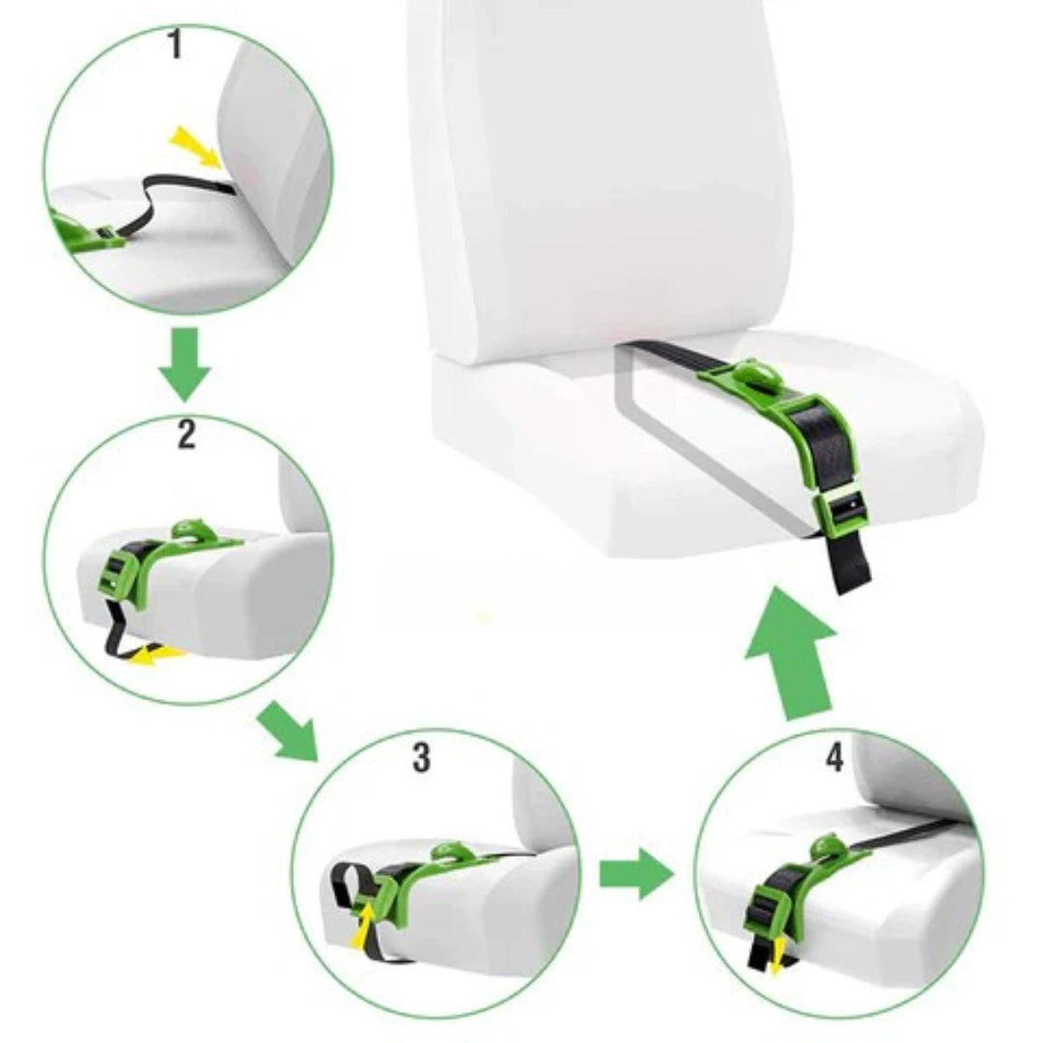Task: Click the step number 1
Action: pyautogui.click(x=174, y=44)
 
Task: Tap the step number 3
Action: pyautogui.click(x=421, y=757)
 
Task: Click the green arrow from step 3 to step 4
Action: pyautogui.click(x=636, y=874)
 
